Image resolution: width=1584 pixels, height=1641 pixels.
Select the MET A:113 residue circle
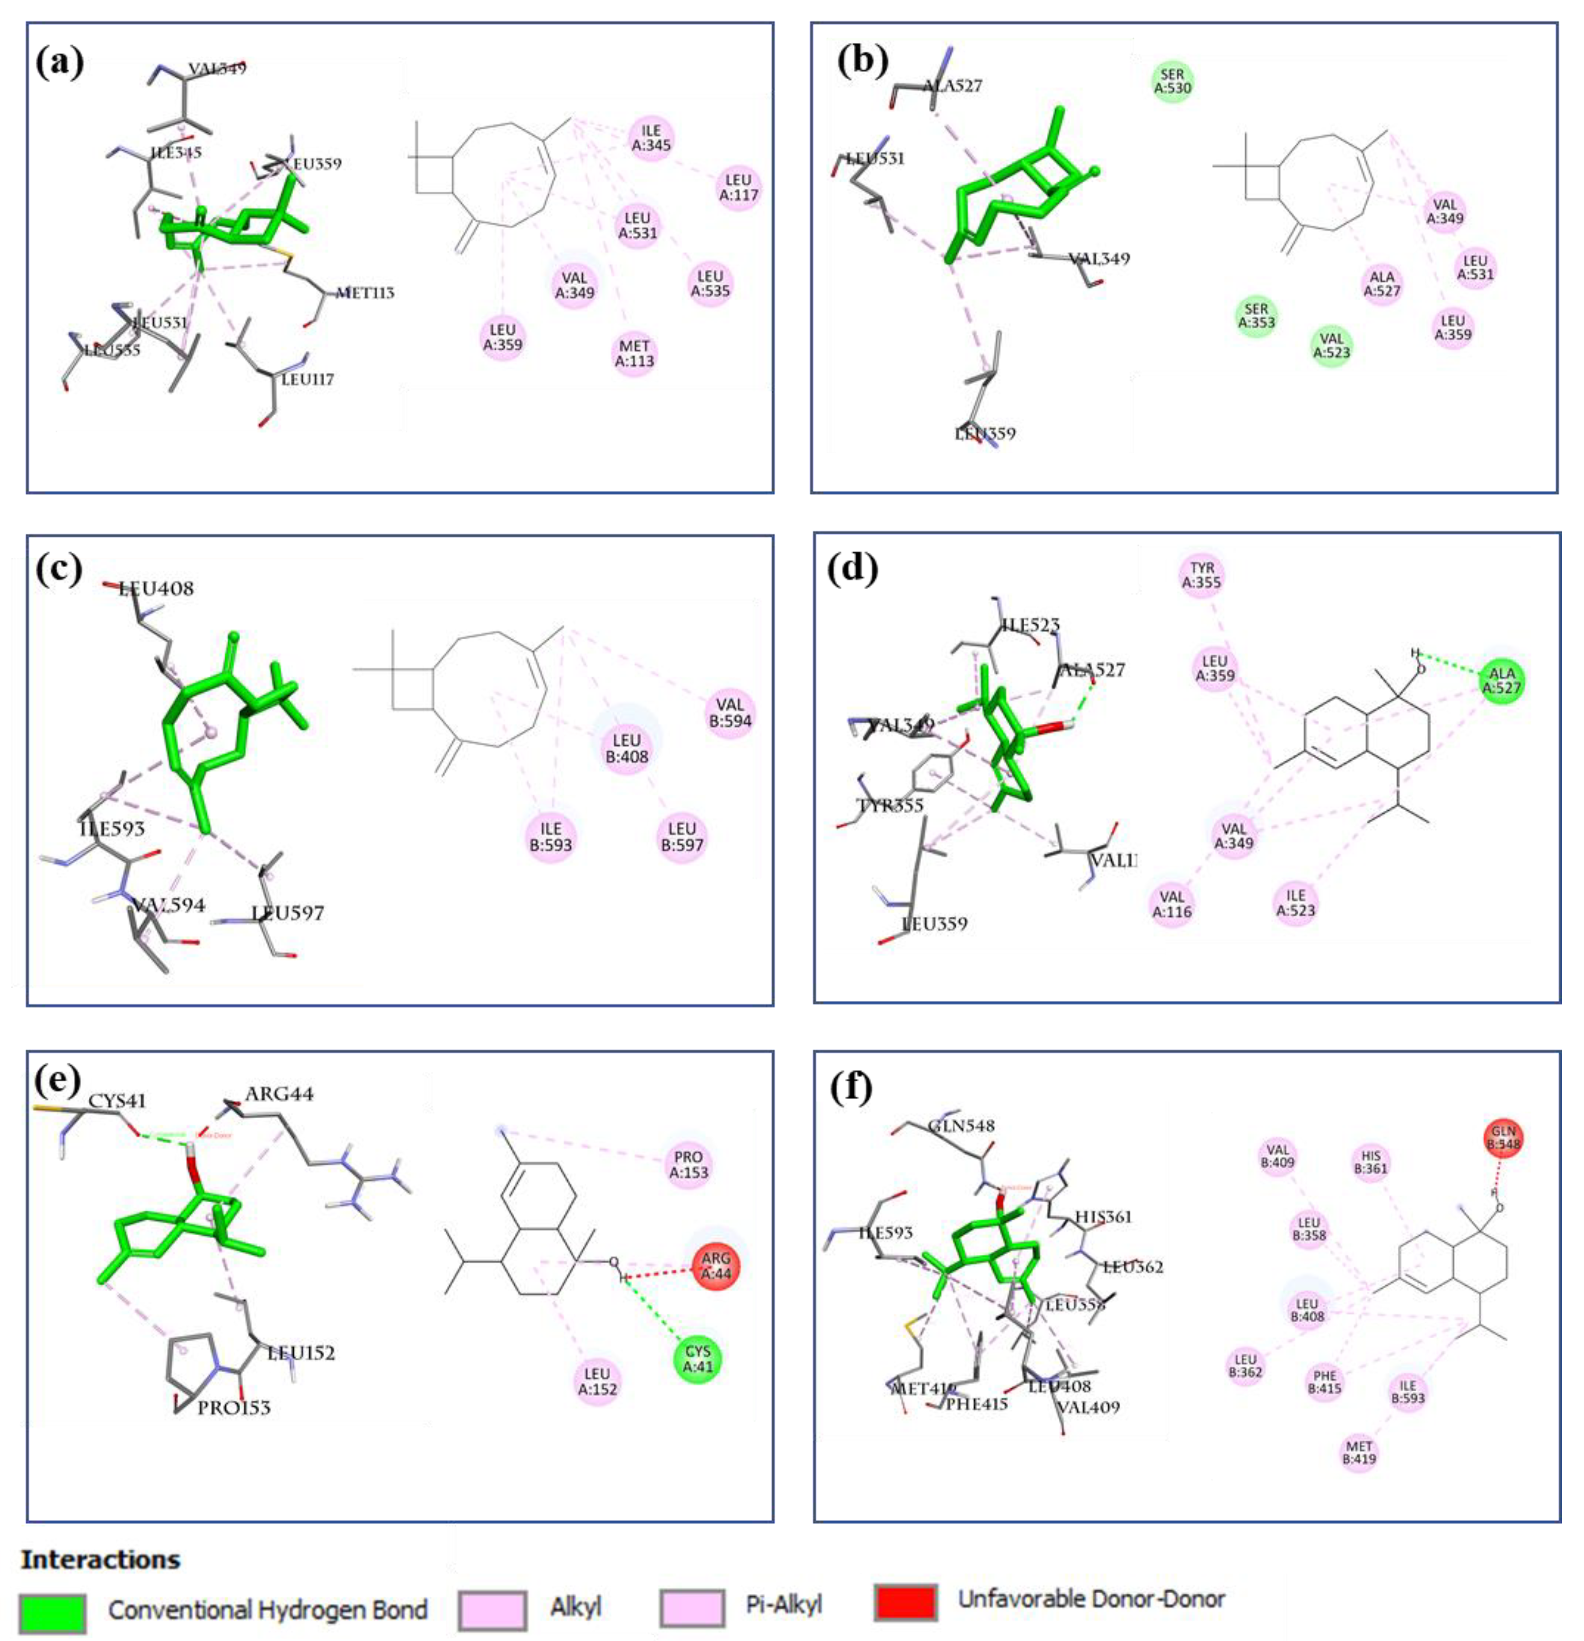[x=634, y=353]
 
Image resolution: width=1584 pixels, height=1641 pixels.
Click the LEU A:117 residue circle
[x=738, y=188]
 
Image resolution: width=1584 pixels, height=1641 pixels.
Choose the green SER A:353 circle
[x=1257, y=316]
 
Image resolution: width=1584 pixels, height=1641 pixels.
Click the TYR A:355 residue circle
[x=1201, y=575]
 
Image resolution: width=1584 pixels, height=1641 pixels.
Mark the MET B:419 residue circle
[x=1359, y=1452]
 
